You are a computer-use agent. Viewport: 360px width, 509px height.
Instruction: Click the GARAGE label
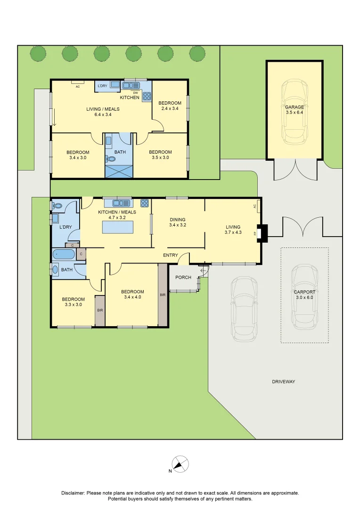click(x=295, y=107)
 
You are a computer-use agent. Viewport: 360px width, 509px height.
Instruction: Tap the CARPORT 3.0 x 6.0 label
click(x=304, y=295)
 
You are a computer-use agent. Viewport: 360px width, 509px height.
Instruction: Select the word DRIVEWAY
click(x=283, y=382)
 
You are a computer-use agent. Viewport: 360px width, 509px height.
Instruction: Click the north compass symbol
click(x=180, y=464)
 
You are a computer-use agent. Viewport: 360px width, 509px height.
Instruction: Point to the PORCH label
click(x=183, y=277)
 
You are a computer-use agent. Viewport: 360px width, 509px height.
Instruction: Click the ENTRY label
click(x=171, y=255)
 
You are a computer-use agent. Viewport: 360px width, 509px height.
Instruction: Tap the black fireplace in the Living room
click(x=262, y=233)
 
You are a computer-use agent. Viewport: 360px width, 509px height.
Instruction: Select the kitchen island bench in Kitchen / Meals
click(x=117, y=227)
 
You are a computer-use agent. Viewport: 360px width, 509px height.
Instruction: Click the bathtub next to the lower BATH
click(x=63, y=254)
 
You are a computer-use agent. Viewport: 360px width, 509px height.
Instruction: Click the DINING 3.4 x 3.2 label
click(x=178, y=222)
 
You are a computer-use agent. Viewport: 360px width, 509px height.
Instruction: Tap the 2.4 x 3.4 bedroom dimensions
click(x=170, y=108)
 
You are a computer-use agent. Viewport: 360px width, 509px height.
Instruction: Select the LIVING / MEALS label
click(x=103, y=109)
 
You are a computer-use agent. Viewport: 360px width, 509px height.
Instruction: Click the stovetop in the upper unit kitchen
click(x=147, y=96)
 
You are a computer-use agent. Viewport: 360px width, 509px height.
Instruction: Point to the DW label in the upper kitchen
click(x=136, y=93)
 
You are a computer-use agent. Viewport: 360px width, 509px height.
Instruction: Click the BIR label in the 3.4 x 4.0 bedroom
click(x=163, y=295)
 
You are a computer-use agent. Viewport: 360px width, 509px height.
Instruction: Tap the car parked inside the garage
click(x=295, y=112)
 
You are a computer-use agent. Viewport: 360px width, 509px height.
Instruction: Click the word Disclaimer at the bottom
click(x=73, y=493)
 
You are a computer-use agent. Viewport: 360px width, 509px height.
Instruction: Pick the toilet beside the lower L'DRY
click(x=57, y=206)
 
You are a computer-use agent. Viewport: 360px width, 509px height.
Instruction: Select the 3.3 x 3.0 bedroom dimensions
click(x=74, y=304)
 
